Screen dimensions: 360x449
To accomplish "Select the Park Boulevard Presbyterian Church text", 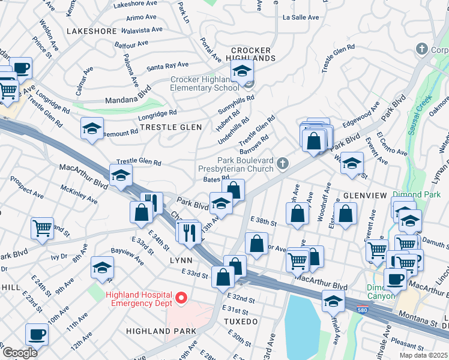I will [x=237, y=165].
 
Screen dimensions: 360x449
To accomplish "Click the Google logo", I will [x=19, y=352].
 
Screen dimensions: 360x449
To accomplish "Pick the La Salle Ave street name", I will [x=301, y=17].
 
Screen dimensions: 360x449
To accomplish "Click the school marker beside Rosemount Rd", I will [x=92, y=128].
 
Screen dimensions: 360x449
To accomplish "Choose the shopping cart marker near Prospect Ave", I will [x=42, y=227].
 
